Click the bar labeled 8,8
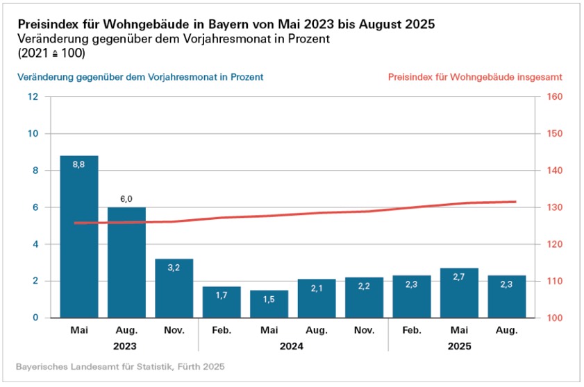click(78, 237)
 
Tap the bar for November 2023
click(174, 288)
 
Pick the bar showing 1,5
click(269, 304)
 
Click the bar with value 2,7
click(458, 293)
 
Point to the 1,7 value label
click(222, 295)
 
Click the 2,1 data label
click(316, 289)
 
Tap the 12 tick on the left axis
click(33, 96)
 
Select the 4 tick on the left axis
click(35, 244)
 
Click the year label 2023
click(126, 345)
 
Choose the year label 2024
click(292, 345)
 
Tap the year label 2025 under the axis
click(459, 345)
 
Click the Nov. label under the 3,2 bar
click(174, 331)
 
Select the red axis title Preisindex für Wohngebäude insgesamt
click(475, 77)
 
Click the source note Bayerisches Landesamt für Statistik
click(119, 365)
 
